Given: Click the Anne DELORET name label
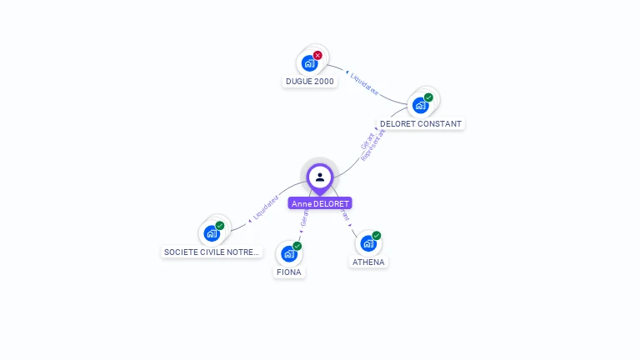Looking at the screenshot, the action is point(320,203).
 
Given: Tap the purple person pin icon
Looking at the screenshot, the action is point(320,177).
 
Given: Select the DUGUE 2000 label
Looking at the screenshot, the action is point(310,82).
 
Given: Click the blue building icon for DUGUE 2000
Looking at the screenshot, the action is point(309,63).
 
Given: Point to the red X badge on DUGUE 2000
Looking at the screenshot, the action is point(317,55).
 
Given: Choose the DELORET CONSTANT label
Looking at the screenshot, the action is point(420,124).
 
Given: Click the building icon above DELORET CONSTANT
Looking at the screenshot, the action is point(420,105).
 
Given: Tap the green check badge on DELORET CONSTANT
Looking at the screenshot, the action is point(428,97).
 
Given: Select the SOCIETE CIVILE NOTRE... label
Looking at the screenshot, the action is point(212,252).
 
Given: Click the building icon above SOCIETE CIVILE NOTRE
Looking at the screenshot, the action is point(212,233).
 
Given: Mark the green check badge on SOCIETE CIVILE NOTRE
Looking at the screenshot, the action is point(220,226).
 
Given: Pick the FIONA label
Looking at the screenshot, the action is point(289,272).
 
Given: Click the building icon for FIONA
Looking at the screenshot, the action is point(288,253).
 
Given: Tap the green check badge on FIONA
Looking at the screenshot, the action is point(297,246).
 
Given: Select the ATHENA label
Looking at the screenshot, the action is point(368,262).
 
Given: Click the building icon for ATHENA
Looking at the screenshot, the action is point(367,243).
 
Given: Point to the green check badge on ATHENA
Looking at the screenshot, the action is point(376,236).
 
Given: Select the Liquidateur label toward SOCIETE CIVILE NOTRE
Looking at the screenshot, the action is point(265,207).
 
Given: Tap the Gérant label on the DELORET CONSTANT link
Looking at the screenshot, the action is point(367,142).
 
